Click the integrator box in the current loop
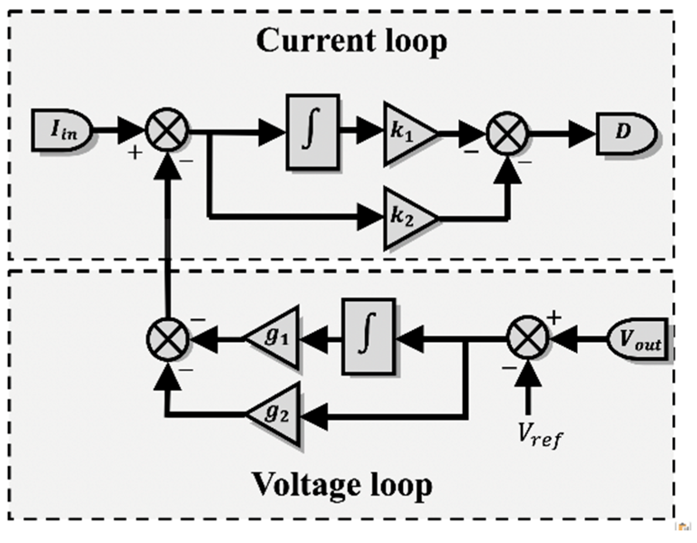312,132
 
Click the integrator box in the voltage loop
368,337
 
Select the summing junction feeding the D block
507,133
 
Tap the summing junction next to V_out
527,338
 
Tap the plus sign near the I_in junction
135,153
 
